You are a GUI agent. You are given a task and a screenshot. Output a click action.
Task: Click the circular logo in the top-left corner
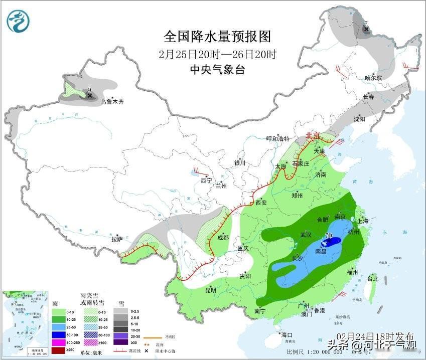(18, 21)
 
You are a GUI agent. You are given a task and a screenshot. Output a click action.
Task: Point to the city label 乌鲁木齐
(111, 102)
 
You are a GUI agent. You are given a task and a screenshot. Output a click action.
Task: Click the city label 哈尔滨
(373, 78)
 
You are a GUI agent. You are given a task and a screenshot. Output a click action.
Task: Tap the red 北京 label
(313, 136)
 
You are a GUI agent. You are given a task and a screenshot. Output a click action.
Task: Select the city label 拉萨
(116, 239)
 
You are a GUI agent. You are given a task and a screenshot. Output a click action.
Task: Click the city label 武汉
(306, 235)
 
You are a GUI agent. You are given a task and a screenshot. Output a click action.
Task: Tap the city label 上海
(362, 221)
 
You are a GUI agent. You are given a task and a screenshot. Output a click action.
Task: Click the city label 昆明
(211, 290)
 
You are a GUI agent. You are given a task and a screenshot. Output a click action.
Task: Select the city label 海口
(287, 334)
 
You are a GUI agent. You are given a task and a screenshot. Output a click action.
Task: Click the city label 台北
(373, 278)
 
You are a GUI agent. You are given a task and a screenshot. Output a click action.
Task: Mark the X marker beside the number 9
(90, 95)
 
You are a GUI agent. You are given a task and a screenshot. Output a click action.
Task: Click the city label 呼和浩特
(278, 139)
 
